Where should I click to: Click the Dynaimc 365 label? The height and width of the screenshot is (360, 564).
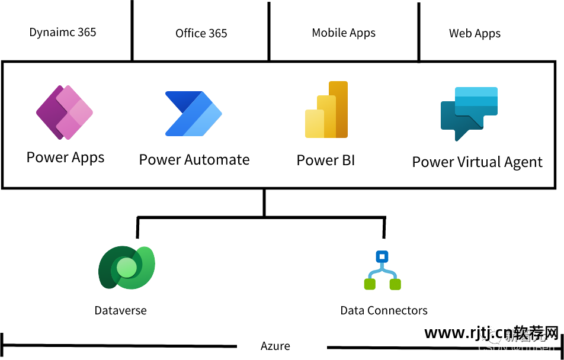pos(63,32)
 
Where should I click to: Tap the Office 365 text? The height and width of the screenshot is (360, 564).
pos(201,33)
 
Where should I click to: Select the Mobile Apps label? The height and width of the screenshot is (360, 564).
pos(344,33)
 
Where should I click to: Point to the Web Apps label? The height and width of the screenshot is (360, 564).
pos(475,33)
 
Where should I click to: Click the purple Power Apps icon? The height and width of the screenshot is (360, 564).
pos(65,112)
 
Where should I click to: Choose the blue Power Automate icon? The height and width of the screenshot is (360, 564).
pos(193,113)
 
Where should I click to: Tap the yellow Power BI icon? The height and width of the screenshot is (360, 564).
pos(326,110)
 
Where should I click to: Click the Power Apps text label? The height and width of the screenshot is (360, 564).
pos(65,157)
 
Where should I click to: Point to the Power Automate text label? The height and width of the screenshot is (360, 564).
pos(194,160)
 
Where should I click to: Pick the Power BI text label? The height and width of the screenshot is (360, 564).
pos(326,160)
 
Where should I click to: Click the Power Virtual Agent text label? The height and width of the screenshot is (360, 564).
pos(477,162)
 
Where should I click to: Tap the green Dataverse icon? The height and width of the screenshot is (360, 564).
pos(126,267)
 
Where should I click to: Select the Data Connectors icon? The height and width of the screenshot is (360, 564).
pos(382,271)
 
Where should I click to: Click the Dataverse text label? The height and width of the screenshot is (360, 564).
pos(120,310)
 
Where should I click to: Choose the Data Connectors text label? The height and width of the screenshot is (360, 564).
pos(384,310)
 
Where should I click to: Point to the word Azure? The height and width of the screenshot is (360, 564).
pos(275,346)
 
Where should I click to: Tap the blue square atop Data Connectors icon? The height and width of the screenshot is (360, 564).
pos(382,257)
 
